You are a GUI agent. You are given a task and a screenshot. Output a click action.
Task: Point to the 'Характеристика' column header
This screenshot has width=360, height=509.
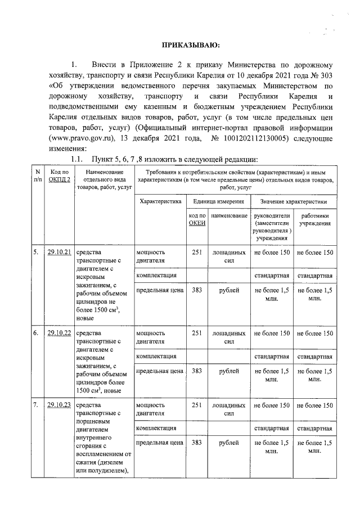point(160,201)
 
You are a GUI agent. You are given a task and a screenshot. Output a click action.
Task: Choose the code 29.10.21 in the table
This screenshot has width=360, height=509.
point(59,252)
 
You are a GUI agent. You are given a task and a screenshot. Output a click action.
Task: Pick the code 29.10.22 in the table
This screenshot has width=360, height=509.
point(59,333)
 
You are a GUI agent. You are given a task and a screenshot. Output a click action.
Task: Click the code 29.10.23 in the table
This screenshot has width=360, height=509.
point(59,405)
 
